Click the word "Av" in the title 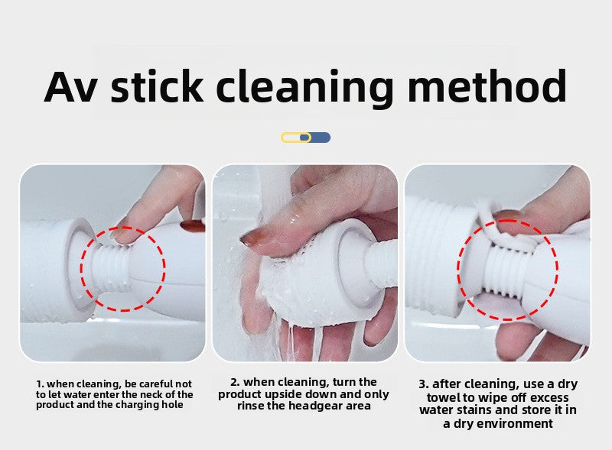71,86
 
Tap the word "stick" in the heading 157,86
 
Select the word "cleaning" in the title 304,89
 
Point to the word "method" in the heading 487,86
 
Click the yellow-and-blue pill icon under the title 305,138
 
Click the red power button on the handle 193,226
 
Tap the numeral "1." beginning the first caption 40,384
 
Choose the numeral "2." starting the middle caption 235,382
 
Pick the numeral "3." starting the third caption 424,384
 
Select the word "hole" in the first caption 174,405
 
